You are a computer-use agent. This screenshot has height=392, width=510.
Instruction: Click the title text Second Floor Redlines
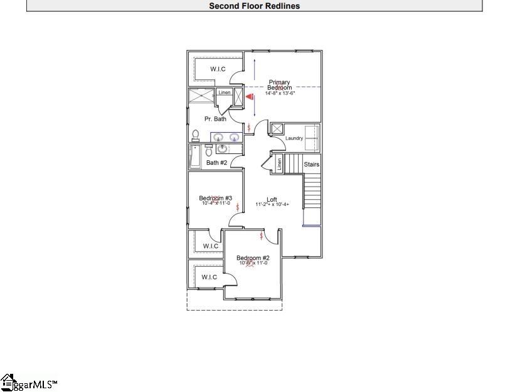254,6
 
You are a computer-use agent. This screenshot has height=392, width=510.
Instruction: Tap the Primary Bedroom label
280,85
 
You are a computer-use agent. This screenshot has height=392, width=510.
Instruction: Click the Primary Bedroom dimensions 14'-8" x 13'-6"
280,93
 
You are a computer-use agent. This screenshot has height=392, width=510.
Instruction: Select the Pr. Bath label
215,119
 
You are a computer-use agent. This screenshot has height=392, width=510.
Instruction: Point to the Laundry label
294,138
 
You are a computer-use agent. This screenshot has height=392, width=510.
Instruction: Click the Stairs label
312,165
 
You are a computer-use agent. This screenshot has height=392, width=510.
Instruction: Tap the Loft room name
272,200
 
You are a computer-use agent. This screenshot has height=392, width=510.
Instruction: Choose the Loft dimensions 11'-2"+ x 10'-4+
272,205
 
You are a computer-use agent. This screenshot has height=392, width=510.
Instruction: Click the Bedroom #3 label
216,198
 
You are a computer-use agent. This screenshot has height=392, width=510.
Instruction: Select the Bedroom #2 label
253,258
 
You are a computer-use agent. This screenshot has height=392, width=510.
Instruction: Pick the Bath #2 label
216,163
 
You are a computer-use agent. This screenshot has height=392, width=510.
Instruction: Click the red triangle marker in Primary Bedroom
249,97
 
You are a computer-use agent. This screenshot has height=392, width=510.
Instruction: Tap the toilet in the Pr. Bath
196,135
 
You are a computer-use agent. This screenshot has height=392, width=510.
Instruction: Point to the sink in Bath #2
222,149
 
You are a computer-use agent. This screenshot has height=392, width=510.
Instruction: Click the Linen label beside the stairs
279,164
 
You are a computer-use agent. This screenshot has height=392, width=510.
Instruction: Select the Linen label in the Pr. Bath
225,93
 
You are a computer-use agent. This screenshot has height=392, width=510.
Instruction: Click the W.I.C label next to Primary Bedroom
218,69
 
